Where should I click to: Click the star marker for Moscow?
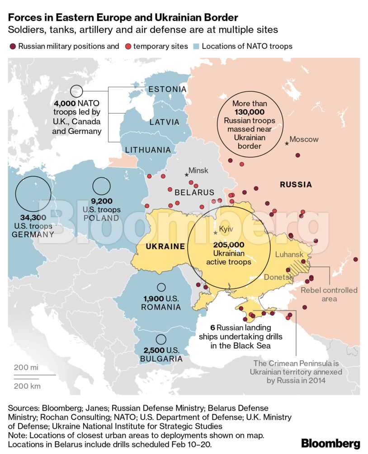(x=287, y=143)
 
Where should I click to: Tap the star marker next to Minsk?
(x=186, y=175)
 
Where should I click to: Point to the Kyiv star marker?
(x=215, y=233)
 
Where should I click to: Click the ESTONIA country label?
(x=167, y=89)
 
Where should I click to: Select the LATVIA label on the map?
(x=165, y=122)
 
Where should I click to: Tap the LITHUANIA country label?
(x=148, y=150)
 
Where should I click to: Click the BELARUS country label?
(x=194, y=192)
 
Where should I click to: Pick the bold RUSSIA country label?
(x=296, y=184)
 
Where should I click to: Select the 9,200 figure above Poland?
(x=101, y=201)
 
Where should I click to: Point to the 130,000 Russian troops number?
(x=250, y=112)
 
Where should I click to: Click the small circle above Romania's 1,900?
(x=161, y=287)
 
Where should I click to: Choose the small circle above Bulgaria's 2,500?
(x=161, y=339)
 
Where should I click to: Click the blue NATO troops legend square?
(x=196, y=46)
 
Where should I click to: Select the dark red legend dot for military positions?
(x=13, y=46)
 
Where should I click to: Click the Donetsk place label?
(x=278, y=277)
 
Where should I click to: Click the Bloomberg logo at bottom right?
(x=330, y=443)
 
